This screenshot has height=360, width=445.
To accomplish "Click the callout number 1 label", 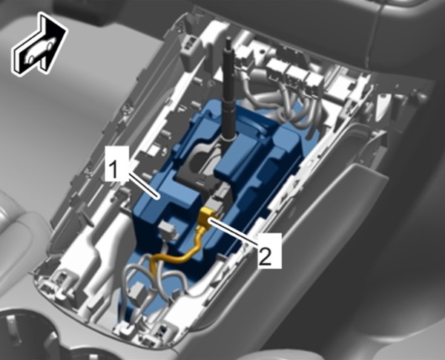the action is pos(116,164).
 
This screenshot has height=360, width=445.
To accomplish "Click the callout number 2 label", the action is pos(270,250).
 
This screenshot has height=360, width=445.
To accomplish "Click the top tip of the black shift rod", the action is pos(228,39).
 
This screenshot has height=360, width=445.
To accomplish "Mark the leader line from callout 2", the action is pos(234,231).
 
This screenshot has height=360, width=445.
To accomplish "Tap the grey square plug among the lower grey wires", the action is pos(138,292).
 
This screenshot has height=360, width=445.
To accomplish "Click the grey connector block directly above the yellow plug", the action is pos(216,203).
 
